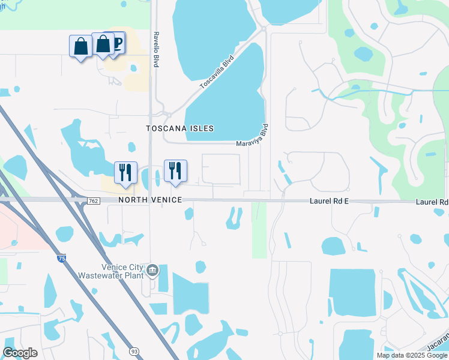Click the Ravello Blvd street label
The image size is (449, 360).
(x=155, y=49)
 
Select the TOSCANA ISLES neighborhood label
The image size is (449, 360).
(x=180, y=128)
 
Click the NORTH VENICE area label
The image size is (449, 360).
(x=150, y=199)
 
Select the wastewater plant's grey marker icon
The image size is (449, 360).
(x=153, y=271)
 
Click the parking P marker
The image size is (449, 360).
(x=117, y=42)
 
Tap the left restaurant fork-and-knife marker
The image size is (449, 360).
(x=125, y=172)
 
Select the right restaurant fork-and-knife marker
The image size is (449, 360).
(x=175, y=170)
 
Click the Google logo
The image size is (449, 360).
(x=20, y=353)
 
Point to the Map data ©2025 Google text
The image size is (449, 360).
(x=412, y=355)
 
